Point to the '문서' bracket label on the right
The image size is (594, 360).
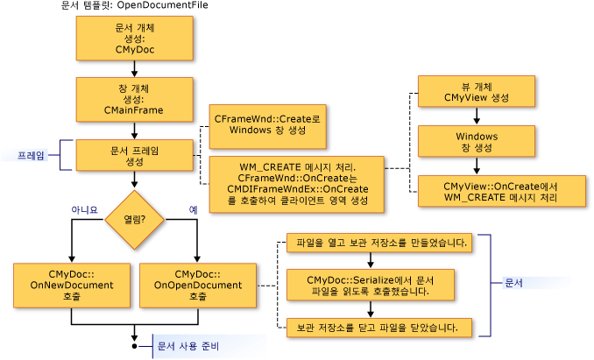click(514, 284)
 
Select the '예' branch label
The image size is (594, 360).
click(194, 209)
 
